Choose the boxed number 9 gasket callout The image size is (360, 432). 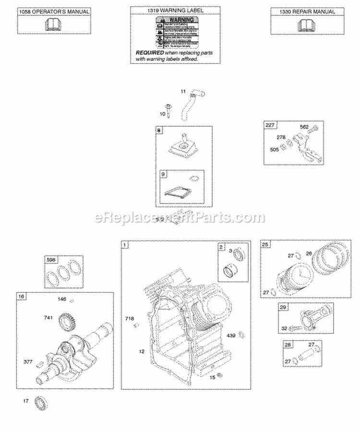[164, 175]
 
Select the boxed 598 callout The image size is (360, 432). [50, 260]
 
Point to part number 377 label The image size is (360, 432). [28, 362]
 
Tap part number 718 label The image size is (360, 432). [130, 319]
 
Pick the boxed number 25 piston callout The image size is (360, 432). [265, 244]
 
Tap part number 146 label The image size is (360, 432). [61, 299]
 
